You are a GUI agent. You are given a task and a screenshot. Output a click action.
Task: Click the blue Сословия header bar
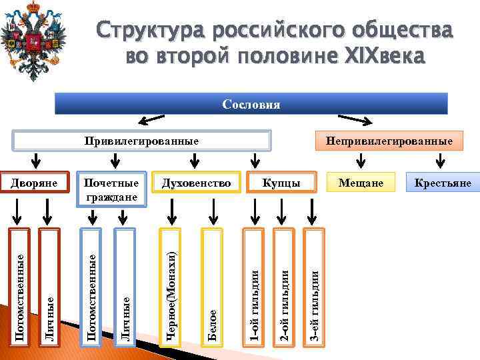pyautogui.click(x=251, y=105)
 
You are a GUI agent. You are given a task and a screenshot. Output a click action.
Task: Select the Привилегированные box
pyautogui.click(x=141, y=141)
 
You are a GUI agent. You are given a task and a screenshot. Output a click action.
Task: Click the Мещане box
pyautogui.click(x=361, y=183)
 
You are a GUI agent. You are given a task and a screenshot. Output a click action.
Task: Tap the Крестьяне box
pyautogui.click(x=442, y=183)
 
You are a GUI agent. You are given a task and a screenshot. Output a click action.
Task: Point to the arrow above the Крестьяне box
pyautogui.click(x=440, y=161)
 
